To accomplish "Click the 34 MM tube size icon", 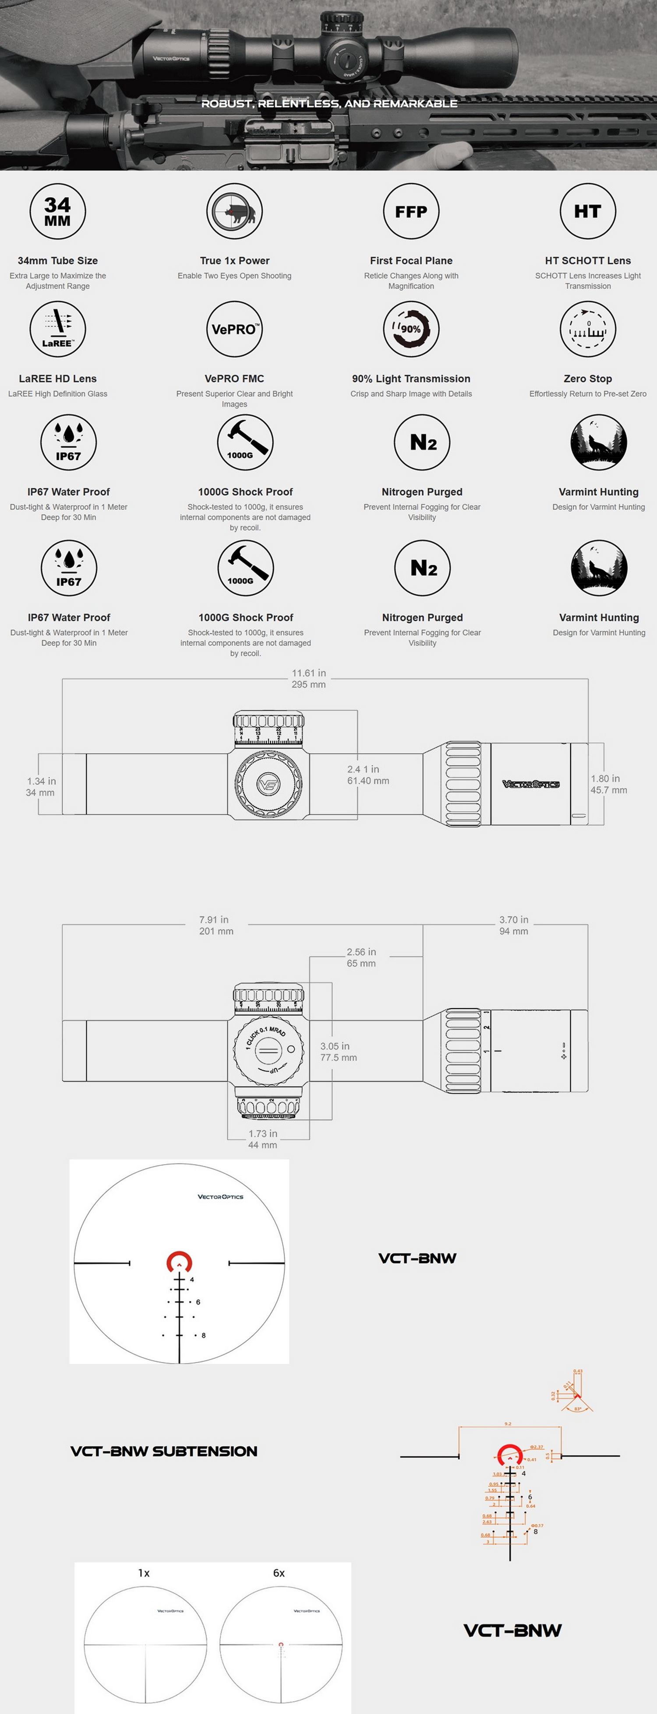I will coord(58,212).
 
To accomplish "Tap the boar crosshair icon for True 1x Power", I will coord(234,212).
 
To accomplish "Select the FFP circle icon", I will coord(411,212).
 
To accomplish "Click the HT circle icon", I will coord(588,212).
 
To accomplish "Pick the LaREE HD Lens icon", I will coord(58,329).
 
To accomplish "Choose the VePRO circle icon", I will coord(234,329).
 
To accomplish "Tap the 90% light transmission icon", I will coord(411,329).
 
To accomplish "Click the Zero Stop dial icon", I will coord(588,329).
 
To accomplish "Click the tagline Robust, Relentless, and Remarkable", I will coord(329,104).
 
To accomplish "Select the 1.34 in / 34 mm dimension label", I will coord(41,787).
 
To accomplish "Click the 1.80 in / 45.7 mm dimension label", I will coord(608,784).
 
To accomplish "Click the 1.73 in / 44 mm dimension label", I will coord(263,1139).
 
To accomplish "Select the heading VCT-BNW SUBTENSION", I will coord(163,1451).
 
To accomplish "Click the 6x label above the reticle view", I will coord(279,1573).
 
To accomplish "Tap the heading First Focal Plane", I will coord(411,261).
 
